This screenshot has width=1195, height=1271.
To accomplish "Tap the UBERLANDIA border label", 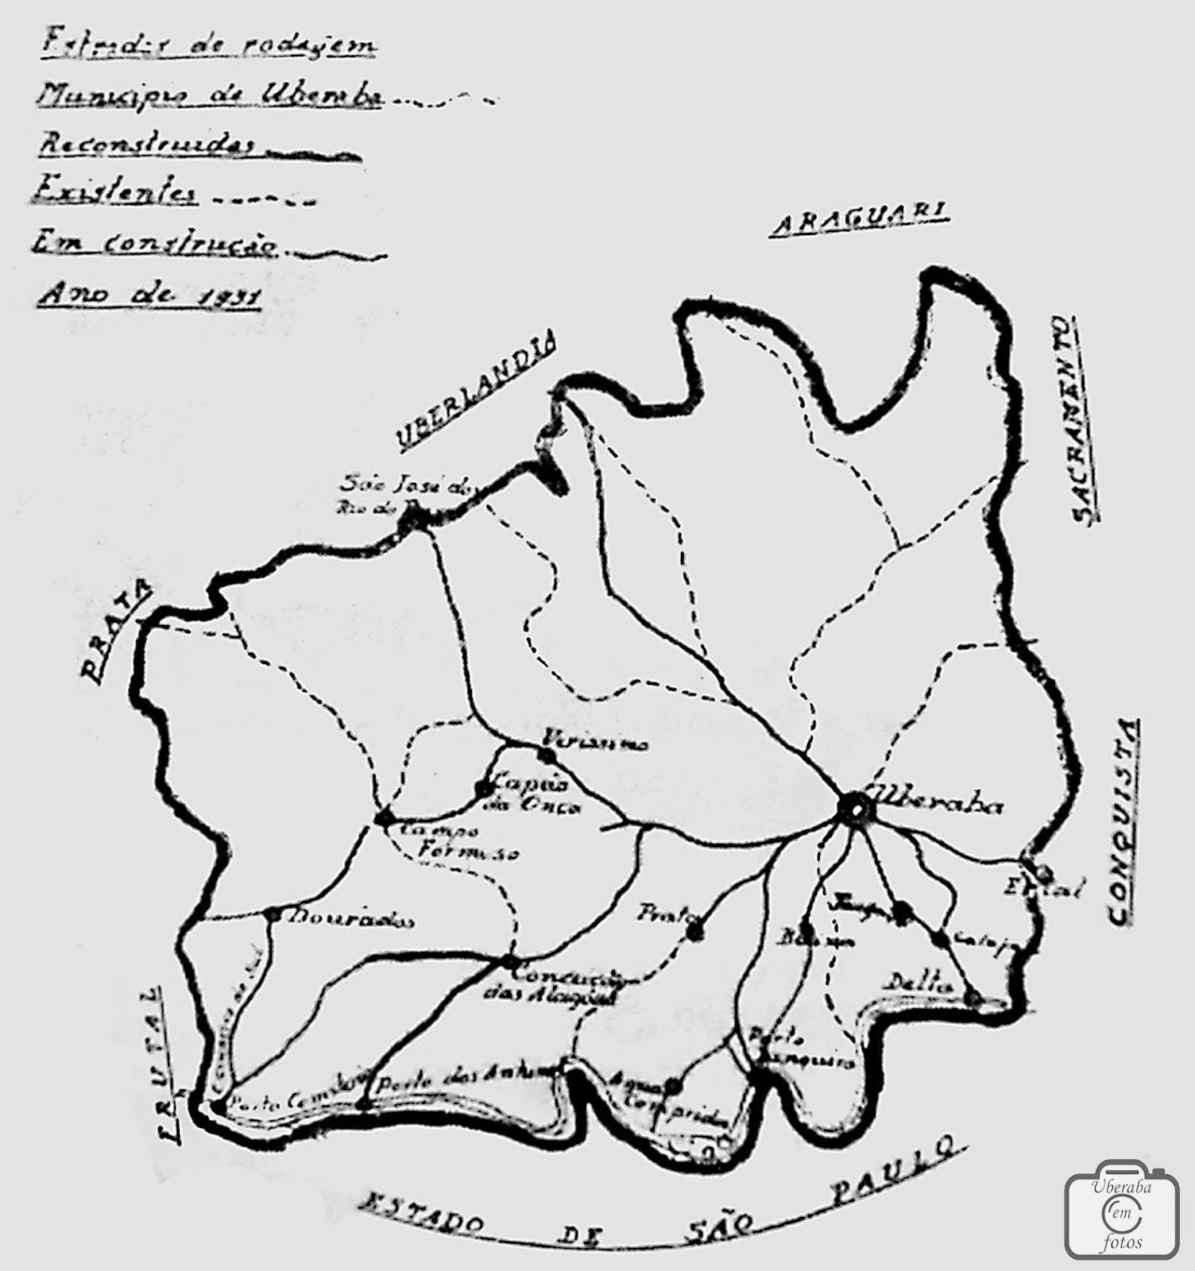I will [x=477, y=392].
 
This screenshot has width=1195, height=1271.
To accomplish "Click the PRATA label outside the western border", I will [x=116, y=632].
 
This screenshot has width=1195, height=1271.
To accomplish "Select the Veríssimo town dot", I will [x=545, y=754].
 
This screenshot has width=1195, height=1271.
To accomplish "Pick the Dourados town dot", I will [x=272, y=914].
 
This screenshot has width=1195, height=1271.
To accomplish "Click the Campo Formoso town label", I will [x=453, y=842].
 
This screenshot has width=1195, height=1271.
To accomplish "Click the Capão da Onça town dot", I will [x=482, y=789].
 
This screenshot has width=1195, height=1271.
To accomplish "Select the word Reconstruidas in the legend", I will [x=148, y=145].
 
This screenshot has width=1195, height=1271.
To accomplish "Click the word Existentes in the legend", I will [x=116, y=193].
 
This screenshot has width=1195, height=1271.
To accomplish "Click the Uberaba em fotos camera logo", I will [x=1123, y=1212].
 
